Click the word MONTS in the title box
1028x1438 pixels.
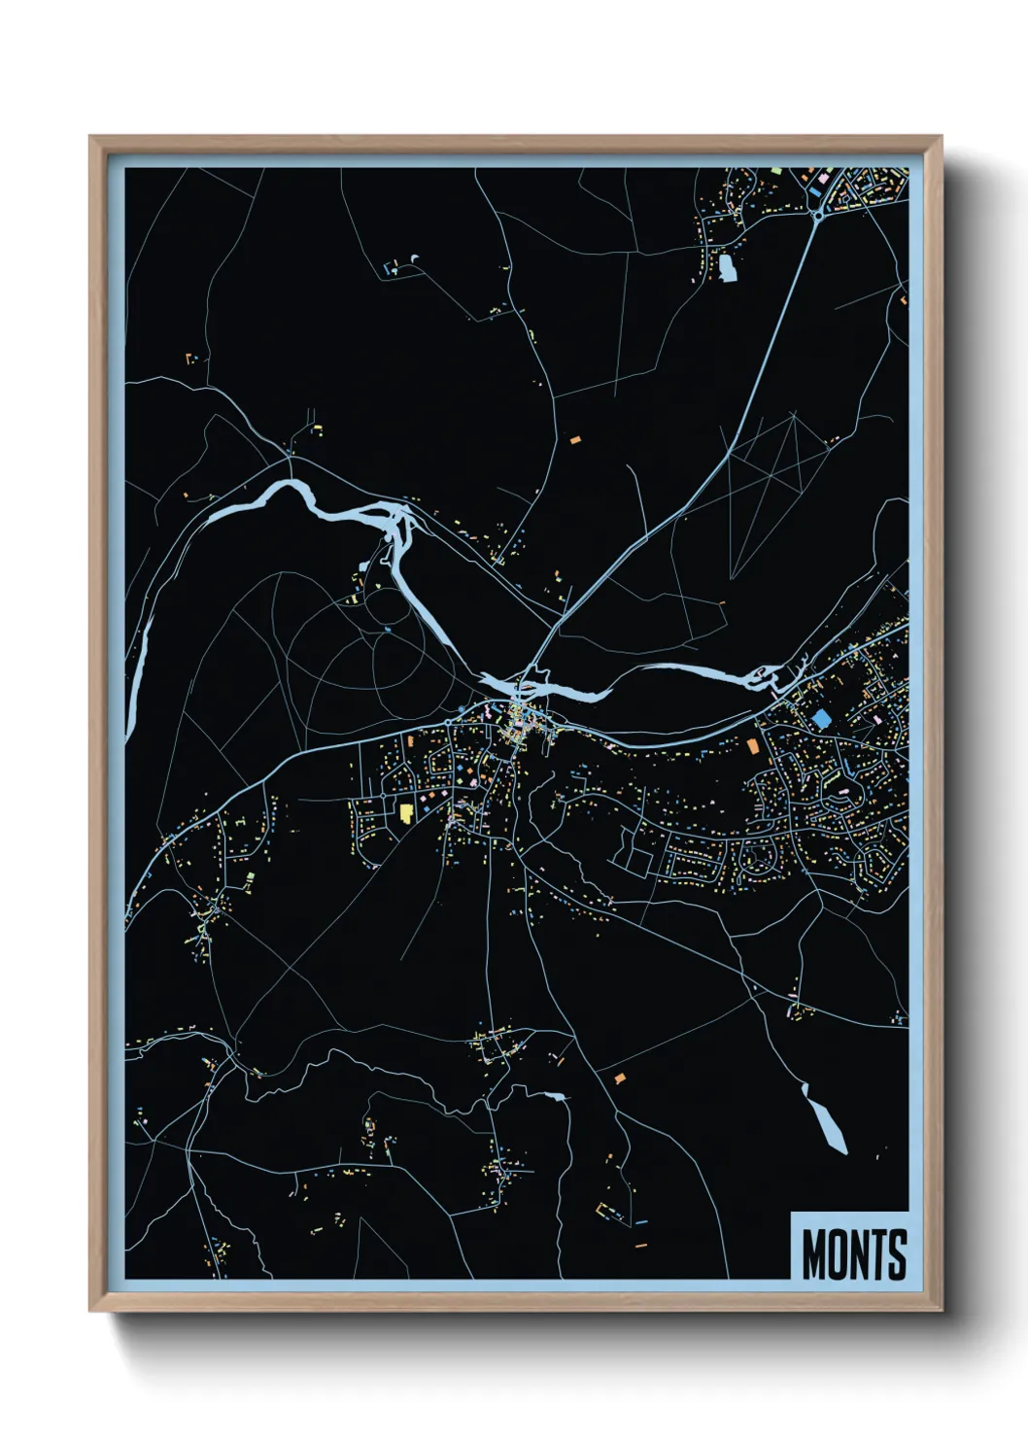[854, 1254]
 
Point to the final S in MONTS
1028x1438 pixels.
[897, 1254]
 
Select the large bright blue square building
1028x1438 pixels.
[822, 719]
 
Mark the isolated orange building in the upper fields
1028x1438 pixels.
[574, 440]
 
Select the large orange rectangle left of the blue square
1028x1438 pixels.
[752, 745]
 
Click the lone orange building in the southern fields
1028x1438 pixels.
[619, 1078]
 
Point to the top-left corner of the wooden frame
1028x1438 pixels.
[91, 138]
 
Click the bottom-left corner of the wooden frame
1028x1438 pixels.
[91, 1309]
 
